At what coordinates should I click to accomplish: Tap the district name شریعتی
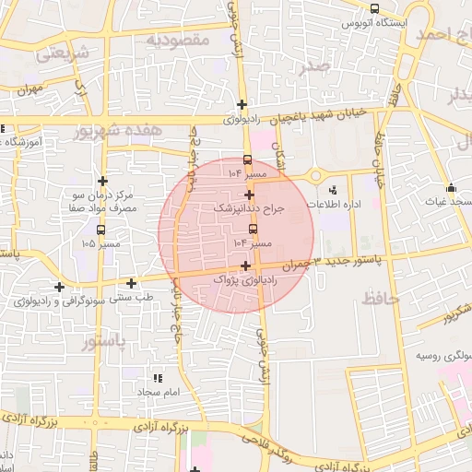[65, 53]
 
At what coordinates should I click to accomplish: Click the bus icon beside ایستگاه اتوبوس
[373, 8]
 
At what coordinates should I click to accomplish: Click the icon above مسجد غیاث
[453, 183]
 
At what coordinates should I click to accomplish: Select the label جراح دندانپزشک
[251, 209]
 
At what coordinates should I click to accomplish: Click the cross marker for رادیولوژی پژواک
[246, 265]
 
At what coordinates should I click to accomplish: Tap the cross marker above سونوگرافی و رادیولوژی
[60, 287]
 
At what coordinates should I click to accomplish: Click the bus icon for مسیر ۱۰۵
[100, 230]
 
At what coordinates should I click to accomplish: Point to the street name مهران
[30, 89]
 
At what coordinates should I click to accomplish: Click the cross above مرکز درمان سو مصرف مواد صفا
[102, 181]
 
